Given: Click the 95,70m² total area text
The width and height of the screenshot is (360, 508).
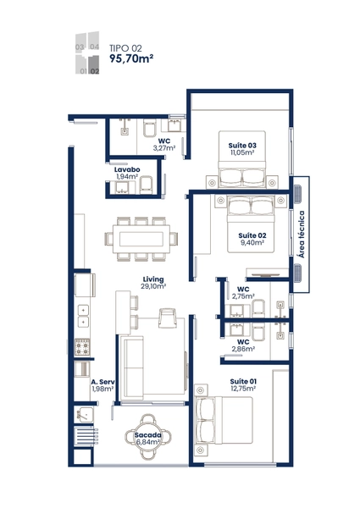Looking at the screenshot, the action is [x=131, y=58].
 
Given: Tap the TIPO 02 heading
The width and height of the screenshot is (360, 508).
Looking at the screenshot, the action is [x=125, y=48].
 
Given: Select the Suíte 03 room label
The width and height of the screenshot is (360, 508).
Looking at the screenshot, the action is [x=242, y=146].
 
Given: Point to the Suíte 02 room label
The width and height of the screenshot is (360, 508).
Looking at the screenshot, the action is [x=252, y=235].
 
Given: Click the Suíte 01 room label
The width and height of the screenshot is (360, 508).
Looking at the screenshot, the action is [x=243, y=381].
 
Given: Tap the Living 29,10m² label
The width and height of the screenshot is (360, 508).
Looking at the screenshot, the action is [x=154, y=283].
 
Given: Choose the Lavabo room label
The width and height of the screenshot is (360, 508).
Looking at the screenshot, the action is [x=127, y=169].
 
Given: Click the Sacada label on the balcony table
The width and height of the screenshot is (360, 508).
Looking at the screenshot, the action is [x=147, y=435].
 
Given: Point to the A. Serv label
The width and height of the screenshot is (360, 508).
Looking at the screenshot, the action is [x=102, y=382].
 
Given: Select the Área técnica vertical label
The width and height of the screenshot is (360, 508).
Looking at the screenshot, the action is [x=302, y=235].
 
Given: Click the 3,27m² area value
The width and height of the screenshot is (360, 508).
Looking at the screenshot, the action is [x=164, y=148].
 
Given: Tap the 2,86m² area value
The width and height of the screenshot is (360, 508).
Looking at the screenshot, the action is [x=243, y=349].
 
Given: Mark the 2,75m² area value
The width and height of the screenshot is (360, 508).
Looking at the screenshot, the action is [x=243, y=296].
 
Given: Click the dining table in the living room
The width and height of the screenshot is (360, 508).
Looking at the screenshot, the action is [x=141, y=239].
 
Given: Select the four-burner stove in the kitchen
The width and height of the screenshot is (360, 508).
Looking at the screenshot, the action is [x=82, y=346].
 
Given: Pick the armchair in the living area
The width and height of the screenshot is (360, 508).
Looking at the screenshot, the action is [x=168, y=317].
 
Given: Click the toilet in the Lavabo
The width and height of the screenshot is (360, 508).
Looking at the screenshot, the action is [x=146, y=185].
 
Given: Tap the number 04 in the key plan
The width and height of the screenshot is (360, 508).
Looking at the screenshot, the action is [x=94, y=47].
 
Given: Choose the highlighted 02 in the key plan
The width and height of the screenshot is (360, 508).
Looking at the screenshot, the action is [x=95, y=71].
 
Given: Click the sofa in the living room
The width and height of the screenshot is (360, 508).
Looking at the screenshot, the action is [x=132, y=368].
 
